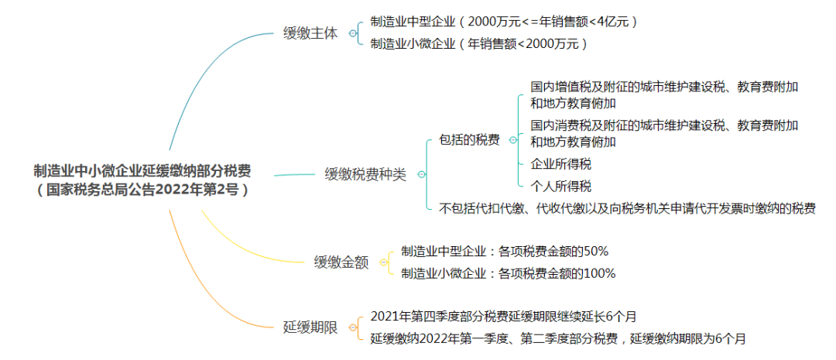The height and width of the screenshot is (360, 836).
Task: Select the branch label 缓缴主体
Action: [x=310, y=34]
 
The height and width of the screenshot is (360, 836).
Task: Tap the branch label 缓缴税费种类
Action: [x=365, y=174]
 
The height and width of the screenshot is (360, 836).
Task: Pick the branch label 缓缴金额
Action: [x=341, y=262]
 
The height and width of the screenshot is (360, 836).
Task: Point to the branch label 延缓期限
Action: [x=310, y=327]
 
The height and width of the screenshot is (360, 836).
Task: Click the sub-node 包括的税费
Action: [x=469, y=140]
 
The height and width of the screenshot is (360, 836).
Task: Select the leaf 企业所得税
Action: [x=561, y=163]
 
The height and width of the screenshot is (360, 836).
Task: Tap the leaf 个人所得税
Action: [x=561, y=186]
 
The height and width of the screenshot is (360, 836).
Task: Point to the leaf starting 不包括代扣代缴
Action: [x=627, y=208]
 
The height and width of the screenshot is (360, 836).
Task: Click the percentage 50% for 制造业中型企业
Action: [x=597, y=251]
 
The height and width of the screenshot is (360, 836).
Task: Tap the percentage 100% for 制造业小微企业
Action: [x=600, y=273]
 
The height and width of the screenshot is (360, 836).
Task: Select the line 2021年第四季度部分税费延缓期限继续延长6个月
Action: [x=503, y=317]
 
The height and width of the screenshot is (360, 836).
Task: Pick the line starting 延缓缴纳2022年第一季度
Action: [x=557, y=338]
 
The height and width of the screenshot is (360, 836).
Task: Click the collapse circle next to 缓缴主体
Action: [x=352, y=33]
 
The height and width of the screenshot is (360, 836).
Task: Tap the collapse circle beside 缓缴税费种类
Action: [x=421, y=174]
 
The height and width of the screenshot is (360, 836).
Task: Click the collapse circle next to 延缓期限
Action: [x=352, y=327]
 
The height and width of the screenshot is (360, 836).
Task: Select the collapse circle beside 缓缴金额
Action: [x=383, y=262]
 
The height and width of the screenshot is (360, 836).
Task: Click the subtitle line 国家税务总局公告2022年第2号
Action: [x=142, y=190]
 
